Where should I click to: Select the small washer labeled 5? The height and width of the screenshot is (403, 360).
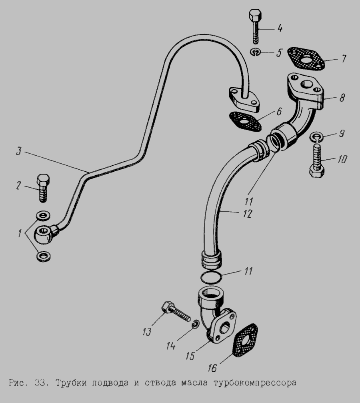click(256, 52)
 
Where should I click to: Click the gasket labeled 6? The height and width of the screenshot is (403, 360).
click(245, 120)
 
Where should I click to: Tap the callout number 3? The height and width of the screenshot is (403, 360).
click(18, 151)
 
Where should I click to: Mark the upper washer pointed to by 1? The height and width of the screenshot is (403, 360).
click(43, 216)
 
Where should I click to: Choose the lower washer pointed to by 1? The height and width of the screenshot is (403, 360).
click(44, 256)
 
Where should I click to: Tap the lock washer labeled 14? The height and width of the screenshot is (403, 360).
click(196, 324)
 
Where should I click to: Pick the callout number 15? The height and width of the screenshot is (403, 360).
click(190, 356)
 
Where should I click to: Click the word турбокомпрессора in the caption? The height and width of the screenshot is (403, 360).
click(255, 383)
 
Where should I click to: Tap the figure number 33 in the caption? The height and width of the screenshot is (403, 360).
click(40, 383)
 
